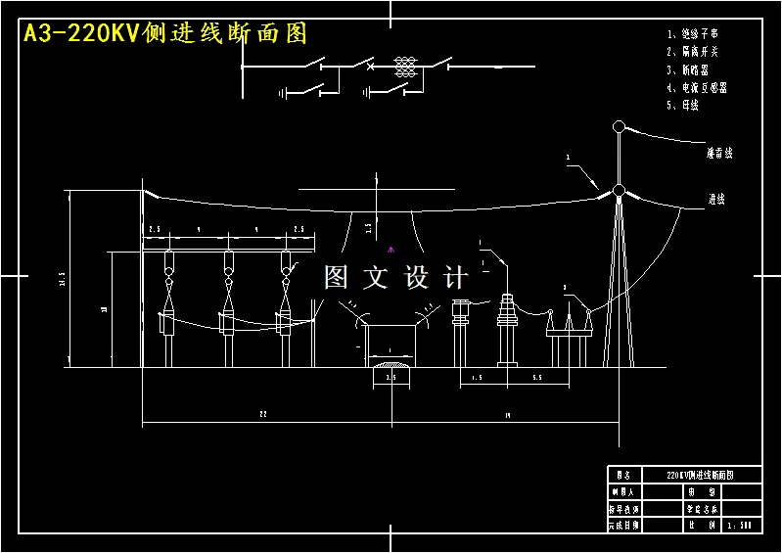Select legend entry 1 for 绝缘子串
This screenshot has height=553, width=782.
pos(699,34)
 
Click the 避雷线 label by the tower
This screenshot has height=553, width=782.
pos(720,154)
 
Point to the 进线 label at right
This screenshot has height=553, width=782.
pos(716,199)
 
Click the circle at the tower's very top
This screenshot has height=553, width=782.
pos(619,126)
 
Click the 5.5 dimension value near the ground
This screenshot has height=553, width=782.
pos(537,377)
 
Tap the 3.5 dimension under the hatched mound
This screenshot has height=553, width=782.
pos(391,377)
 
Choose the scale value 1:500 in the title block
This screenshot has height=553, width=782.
pos(739,525)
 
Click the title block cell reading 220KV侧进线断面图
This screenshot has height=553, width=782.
pos(700,474)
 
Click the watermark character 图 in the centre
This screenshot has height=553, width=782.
pos(336,278)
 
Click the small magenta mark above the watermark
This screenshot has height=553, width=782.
pos(391,248)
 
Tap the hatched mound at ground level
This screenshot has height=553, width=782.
pos(391,366)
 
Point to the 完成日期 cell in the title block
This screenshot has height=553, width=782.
pos(623,525)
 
